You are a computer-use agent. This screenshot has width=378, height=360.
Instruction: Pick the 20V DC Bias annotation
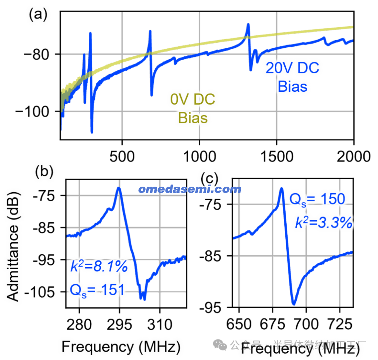coord(293,77)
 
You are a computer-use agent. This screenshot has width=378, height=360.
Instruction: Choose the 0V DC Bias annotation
coord(193,108)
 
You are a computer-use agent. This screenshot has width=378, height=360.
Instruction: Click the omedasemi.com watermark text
coord(190,189)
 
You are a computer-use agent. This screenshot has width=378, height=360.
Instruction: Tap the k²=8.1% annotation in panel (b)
coord(99,267)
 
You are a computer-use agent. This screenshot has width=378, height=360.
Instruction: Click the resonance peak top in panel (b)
coord(119,188)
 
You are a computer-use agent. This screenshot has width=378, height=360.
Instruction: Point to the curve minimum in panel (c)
coord(294,303)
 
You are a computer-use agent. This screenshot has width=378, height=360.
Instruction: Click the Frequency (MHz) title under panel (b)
coord(121,347)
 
